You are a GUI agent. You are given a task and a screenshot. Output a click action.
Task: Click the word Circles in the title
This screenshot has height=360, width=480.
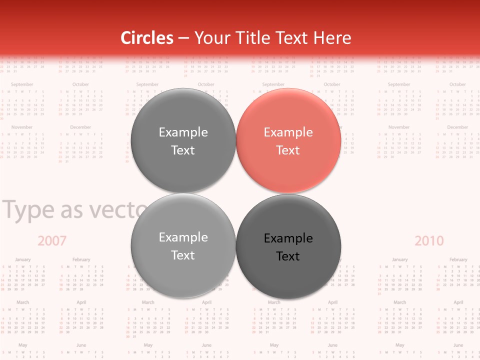147,38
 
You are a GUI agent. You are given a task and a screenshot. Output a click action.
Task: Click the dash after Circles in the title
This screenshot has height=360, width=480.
183,38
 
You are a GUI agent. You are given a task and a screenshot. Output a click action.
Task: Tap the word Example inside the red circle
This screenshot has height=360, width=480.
288,132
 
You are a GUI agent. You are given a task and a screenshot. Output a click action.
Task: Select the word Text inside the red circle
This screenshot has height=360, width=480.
288,150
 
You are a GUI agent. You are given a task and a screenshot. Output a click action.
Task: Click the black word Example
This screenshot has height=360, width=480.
288,238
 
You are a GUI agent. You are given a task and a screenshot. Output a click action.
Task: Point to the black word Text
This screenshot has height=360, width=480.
288,256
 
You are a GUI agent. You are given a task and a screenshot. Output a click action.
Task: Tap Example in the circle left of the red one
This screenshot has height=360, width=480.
183,132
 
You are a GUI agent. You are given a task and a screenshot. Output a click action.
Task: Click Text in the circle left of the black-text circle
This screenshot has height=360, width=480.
183,255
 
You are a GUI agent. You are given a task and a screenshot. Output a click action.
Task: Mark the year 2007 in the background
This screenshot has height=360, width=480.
52,241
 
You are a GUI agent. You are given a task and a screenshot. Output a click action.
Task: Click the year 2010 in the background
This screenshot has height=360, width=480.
429,241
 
